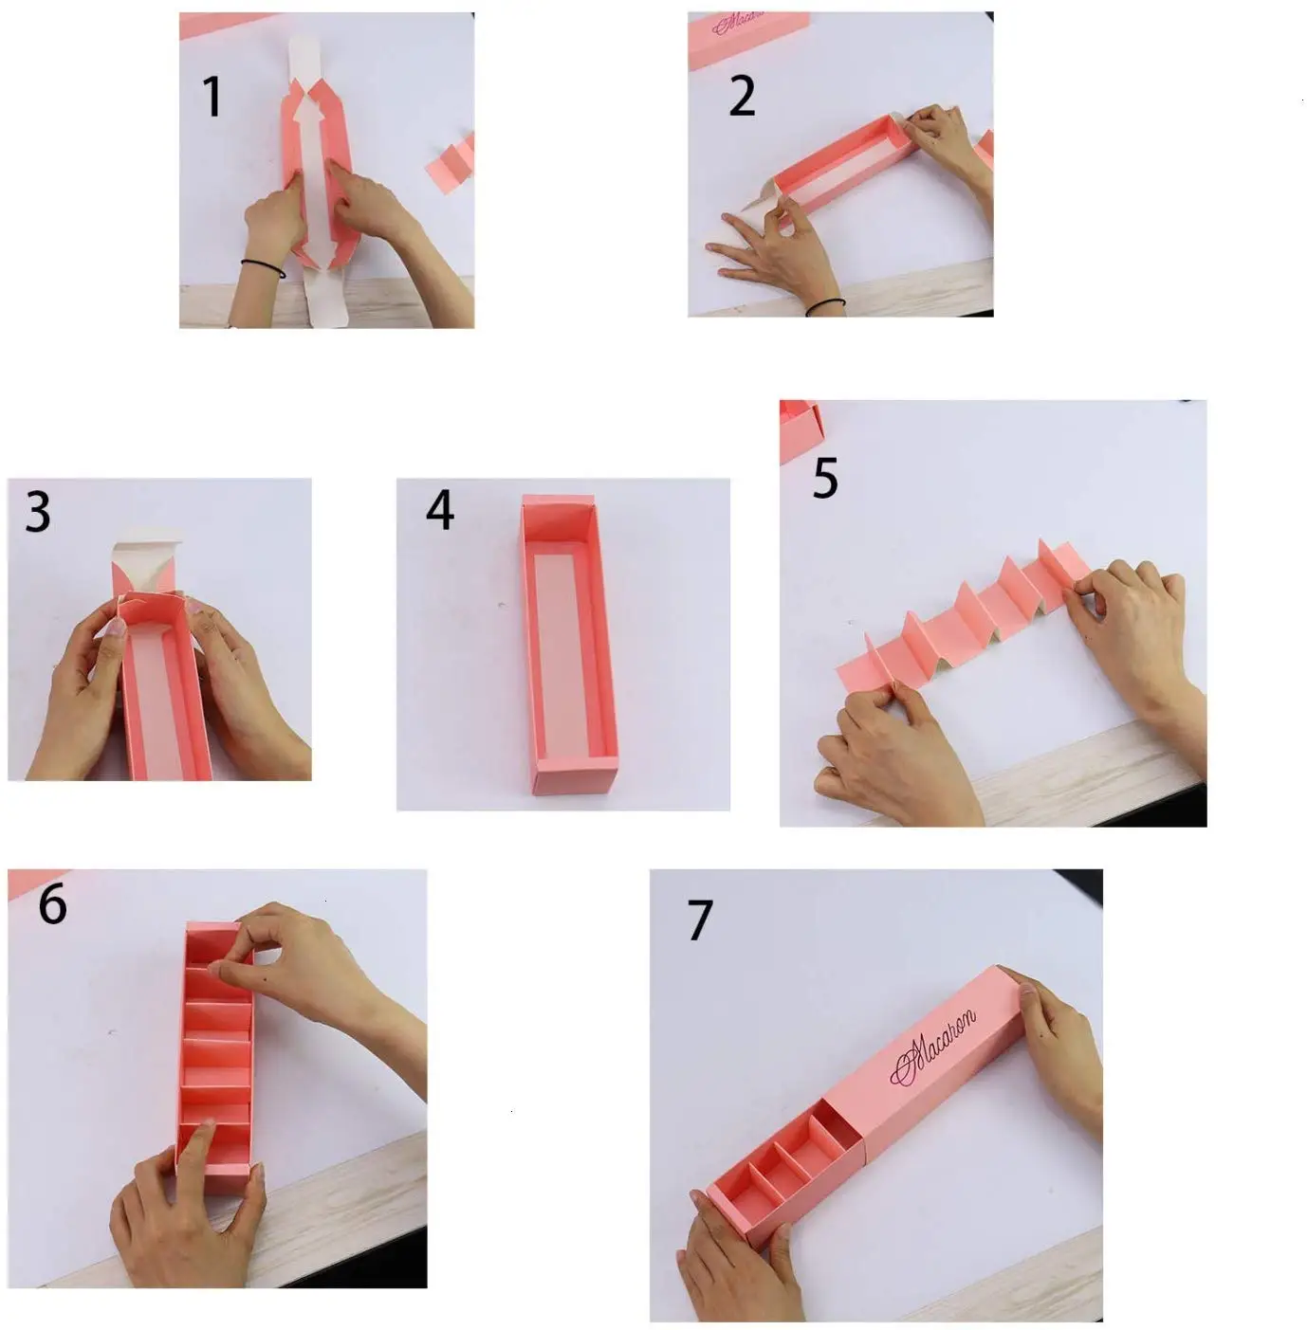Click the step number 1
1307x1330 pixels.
click(212, 97)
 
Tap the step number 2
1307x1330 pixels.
click(742, 96)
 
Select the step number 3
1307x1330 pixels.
click(38, 512)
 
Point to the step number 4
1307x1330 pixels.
click(440, 510)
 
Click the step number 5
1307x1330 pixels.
click(825, 477)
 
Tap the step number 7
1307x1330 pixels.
click(700, 920)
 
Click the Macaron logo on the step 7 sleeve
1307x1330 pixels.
click(932, 1047)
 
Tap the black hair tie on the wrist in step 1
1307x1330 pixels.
click(263, 267)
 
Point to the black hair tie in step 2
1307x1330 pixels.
click(825, 306)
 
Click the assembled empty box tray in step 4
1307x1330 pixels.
click(568, 644)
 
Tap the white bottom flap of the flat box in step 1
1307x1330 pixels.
click(324, 296)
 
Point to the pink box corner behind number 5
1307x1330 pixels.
click(800, 429)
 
